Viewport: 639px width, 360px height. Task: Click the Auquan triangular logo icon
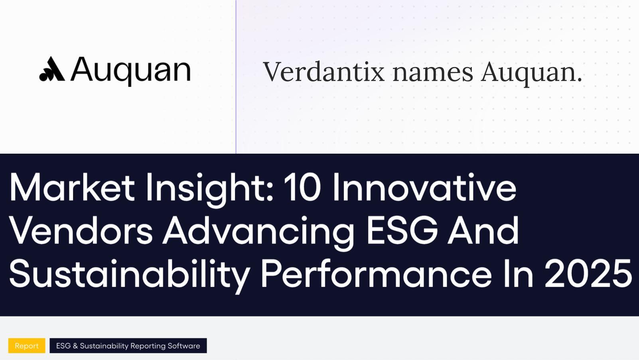pyautogui.click(x=52, y=69)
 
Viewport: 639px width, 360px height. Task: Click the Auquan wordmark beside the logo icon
pyautogui.click(x=131, y=70)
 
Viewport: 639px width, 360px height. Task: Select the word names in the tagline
pyautogui.click(x=433, y=72)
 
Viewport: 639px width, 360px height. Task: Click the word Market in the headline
pyautogui.click(x=72, y=187)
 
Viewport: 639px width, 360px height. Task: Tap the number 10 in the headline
pyautogui.click(x=302, y=187)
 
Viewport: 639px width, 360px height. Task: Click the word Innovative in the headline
pyautogui.click(x=424, y=187)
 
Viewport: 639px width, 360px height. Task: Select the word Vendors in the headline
pyautogui.click(x=81, y=231)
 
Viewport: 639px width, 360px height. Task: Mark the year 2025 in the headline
pyautogui.click(x=588, y=274)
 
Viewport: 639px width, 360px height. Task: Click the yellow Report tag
pyautogui.click(x=27, y=346)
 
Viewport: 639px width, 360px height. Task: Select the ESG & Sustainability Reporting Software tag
pyautogui.click(x=128, y=346)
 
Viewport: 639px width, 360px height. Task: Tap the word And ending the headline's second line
pyautogui.click(x=483, y=231)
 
